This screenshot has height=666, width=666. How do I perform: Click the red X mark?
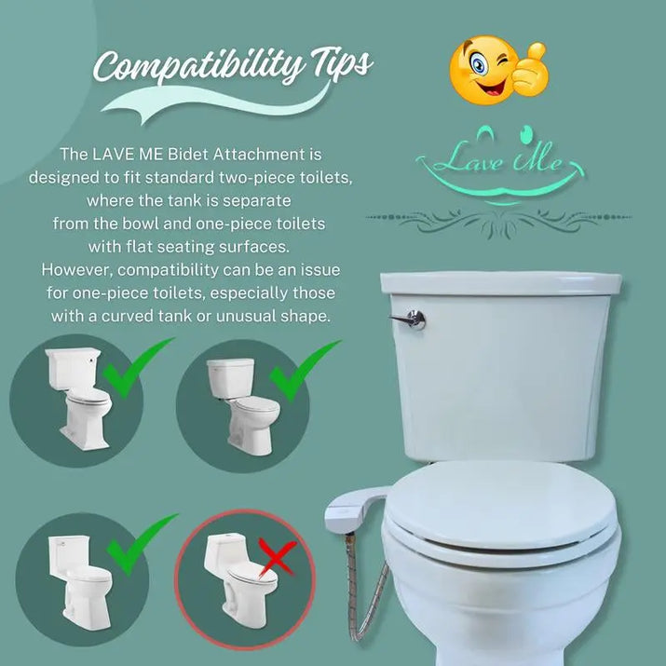[x=278, y=560]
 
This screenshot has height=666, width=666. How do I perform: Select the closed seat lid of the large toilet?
[x=499, y=507]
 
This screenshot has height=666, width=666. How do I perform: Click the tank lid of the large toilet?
[x=501, y=282]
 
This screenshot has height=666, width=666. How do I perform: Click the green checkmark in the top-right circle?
[x=302, y=372]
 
